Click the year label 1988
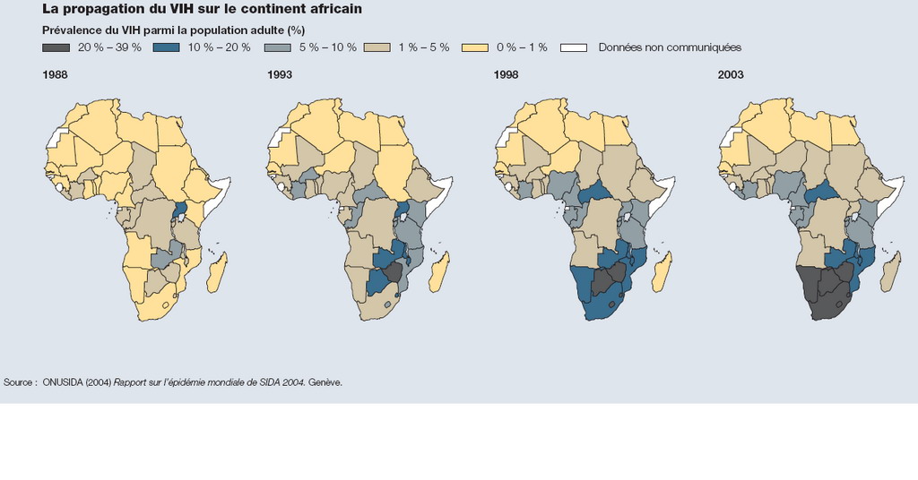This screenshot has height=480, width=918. click(x=55, y=75)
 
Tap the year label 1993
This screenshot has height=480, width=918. click(x=280, y=75)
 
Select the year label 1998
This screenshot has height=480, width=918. click(x=507, y=75)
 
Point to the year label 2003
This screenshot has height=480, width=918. click(x=731, y=75)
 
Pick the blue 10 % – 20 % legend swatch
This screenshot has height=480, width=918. click(x=175, y=47)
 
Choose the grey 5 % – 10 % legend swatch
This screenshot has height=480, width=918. click(x=285, y=47)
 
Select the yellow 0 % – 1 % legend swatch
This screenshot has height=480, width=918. click(x=474, y=47)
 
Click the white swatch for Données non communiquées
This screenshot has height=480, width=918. click(x=574, y=47)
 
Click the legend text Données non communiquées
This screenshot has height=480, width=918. click(x=670, y=47)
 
